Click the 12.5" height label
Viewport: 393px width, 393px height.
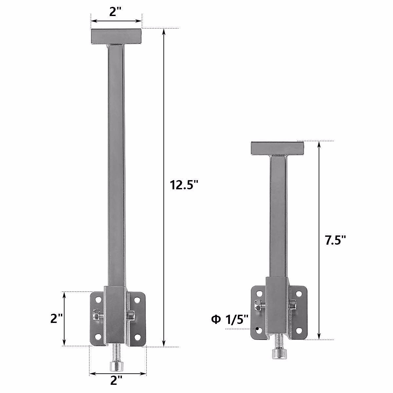click(x=184, y=185)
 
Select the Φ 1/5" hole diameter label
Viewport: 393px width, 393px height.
click(x=230, y=319)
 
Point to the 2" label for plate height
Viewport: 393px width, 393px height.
click(x=56, y=318)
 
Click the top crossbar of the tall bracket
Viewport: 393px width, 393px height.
click(x=116, y=36)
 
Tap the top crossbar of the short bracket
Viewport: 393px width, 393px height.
click(x=277, y=148)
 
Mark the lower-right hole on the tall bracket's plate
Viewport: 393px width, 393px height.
click(x=137, y=336)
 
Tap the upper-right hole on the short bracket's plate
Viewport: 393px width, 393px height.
click(x=299, y=293)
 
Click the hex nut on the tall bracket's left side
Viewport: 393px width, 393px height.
click(x=97, y=315)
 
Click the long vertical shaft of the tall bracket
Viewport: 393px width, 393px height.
click(x=116, y=164)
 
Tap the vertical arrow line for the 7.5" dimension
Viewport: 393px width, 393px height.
click(x=319, y=196)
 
